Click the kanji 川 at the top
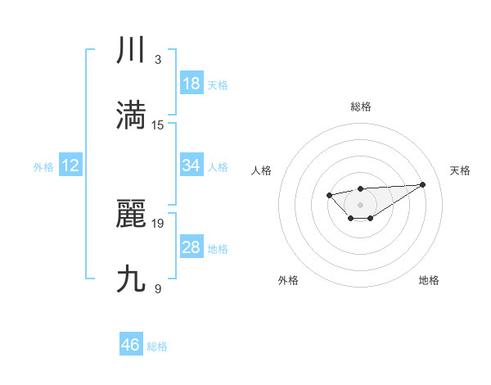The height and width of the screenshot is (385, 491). (131, 50)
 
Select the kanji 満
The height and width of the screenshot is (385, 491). (131, 115)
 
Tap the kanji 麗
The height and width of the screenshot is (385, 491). (131, 214)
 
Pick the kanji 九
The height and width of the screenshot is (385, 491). (131, 279)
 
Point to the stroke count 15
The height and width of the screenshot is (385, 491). (159, 125)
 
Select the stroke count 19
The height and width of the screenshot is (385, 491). (159, 223)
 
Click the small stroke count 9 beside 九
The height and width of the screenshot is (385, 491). (158, 288)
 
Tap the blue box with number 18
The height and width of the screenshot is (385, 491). (191, 84)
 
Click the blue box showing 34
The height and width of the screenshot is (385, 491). (191, 165)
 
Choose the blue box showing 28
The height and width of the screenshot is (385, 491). (191, 247)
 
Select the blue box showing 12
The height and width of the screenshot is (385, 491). (70, 165)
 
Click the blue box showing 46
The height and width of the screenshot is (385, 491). (131, 346)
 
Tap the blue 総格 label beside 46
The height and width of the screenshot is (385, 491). (157, 346)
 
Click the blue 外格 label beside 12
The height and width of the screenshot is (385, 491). (43, 166)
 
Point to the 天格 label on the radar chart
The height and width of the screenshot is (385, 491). (460, 170)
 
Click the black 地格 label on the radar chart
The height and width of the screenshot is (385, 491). (429, 280)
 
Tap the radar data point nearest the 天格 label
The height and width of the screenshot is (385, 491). (422, 184)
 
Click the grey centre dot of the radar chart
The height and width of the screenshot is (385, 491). (360, 204)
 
